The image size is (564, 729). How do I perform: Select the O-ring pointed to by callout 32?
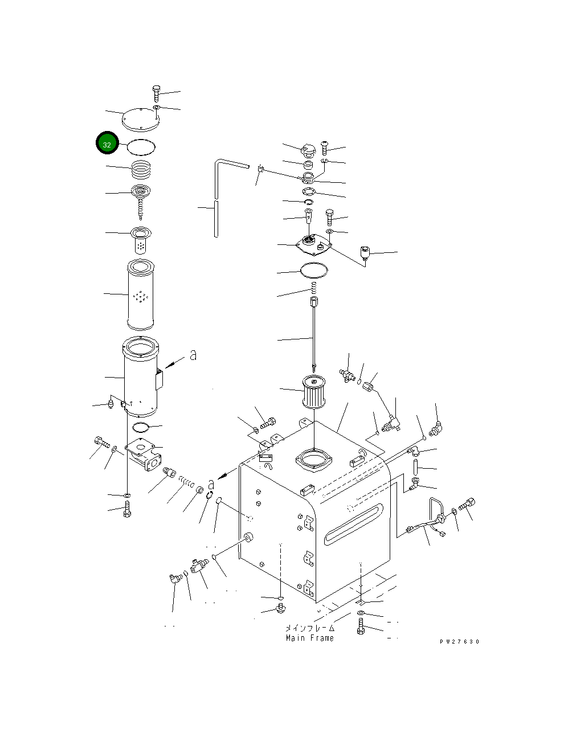[x=141, y=146]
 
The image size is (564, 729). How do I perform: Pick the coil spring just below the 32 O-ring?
[x=142, y=169]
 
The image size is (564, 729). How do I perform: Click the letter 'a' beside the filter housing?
[x=193, y=355]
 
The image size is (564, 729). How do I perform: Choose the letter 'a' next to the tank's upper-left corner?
[x=211, y=483]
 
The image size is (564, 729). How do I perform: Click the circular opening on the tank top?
[x=314, y=460]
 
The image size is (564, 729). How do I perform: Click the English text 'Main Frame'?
[x=310, y=638]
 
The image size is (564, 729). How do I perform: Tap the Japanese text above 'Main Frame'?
[x=310, y=628]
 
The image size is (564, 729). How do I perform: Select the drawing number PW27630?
[x=459, y=641]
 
